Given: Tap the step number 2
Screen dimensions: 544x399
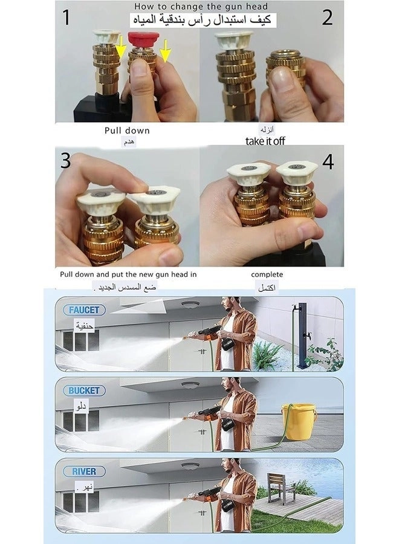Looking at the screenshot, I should click(327, 18).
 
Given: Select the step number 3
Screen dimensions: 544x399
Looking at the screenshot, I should click(65, 161).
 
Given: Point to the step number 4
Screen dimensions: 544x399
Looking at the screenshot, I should click(328, 163).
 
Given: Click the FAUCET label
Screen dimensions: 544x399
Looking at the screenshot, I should click(83, 309).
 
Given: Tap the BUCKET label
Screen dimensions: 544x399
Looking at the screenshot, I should click(83, 390).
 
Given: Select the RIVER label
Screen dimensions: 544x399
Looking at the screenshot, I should click(83, 471).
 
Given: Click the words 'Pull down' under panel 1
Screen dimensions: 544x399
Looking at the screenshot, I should click(127, 131).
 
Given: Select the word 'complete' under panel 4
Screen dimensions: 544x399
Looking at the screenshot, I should click(267, 274).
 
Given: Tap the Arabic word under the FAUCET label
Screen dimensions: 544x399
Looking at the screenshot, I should click(85, 325).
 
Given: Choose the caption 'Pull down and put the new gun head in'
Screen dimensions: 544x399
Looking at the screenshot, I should click(128, 274).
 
